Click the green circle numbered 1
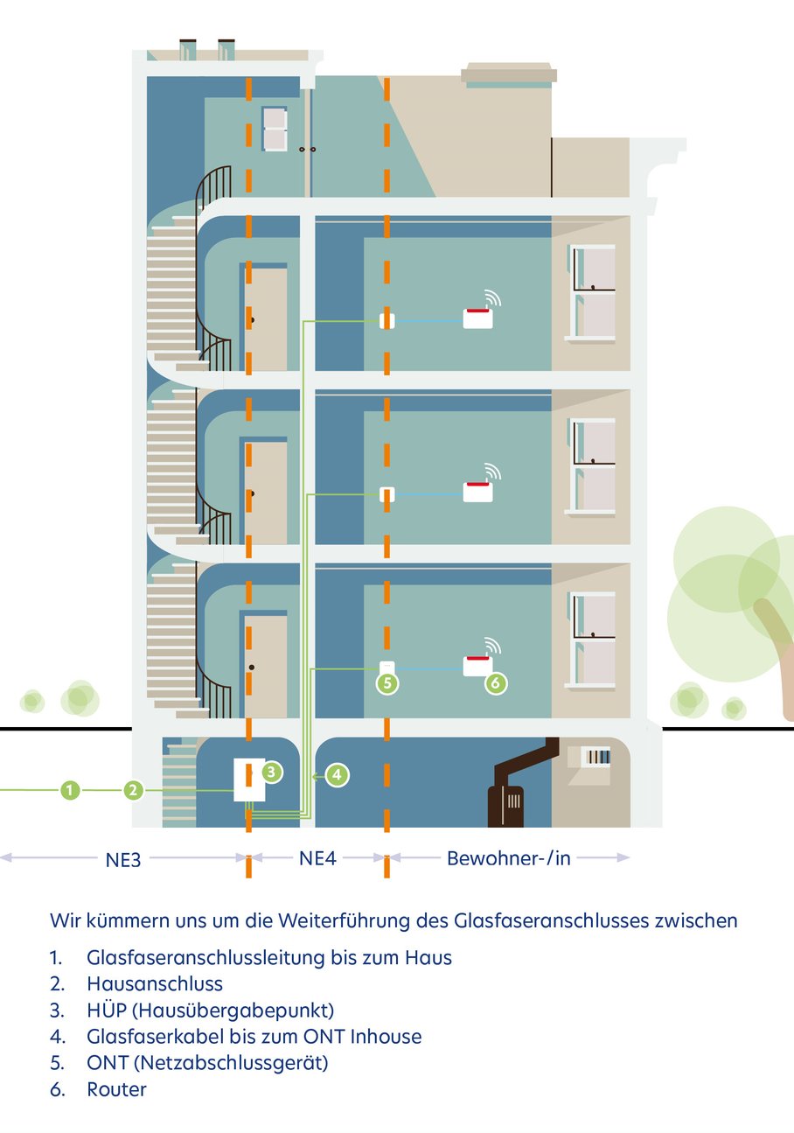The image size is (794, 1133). [x=70, y=790]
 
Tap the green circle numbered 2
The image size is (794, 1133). [x=133, y=790]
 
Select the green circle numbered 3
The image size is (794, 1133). [x=272, y=772]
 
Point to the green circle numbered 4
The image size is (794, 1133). [x=338, y=775]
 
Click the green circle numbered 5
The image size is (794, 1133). [x=387, y=683]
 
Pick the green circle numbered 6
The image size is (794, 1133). [x=496, y=683]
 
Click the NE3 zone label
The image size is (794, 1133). [x=122, y=860]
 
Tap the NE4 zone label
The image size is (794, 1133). [x=317, y=858]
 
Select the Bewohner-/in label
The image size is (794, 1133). [x=508, y=858]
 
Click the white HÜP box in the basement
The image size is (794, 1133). [x=249, y=780]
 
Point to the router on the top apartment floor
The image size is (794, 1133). [x=478, y=318]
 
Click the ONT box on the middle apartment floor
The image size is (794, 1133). [x=387, y=494]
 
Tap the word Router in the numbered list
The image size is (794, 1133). [x=117, y=1089]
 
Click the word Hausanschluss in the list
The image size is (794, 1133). [x=155, y=983]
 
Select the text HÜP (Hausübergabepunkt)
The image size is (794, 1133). [x=210, y=1011]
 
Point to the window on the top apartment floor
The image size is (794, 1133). [x=592, y=292]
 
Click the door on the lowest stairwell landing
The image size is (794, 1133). [x=266, y=666]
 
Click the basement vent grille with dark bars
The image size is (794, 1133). [x=597, y=757]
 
